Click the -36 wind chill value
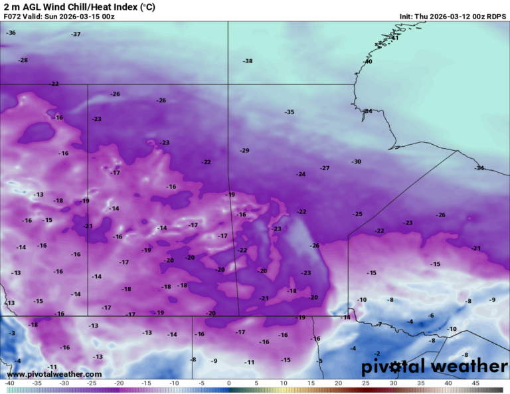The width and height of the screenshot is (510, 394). click(11, 33)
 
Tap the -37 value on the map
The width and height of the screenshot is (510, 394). click(76, 34)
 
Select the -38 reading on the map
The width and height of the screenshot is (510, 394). click(248, 61)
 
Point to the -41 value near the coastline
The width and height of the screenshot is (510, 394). click(394, 38)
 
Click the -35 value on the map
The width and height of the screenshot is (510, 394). click(290, 112)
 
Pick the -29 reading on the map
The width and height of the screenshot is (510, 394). click(244, 151)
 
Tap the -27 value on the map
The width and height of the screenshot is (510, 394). click(325, 168)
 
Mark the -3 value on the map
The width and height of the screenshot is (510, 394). click(11, 333)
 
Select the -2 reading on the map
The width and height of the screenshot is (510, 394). click(377, 353)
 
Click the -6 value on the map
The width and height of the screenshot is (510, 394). click(430, 316)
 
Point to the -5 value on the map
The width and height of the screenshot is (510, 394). click(319, 361)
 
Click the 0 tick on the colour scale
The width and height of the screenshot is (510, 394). click(228, 383)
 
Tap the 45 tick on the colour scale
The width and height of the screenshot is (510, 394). click(475, 383)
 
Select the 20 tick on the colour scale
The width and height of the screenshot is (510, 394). click(338, 383)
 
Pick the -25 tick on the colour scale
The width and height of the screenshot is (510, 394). click(92, 383)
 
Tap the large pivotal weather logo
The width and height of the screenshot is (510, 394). click(434, 366)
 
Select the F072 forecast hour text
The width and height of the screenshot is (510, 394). click(15, 16)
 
